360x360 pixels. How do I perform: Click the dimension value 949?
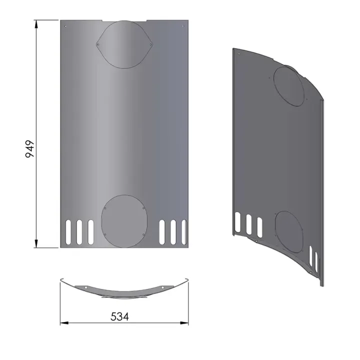pyautogui.click(x=29, y=149)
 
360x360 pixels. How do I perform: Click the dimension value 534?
pyautogui.click(x=119, y=317)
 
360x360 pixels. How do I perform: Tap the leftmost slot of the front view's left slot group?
pyautogui.click(x=68, y=231)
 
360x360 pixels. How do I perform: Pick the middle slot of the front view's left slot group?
pyautogui.click(x=79, y=231)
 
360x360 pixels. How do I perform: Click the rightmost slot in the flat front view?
pyautogui.click(x=184, y=231)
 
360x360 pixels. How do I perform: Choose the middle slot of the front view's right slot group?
pyautogui.click(x=173, y=231)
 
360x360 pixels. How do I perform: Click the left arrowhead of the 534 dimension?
pyautogui.click(x=63, y=323)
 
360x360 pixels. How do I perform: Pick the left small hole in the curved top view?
pyautogui.click(x=86, y=287)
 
